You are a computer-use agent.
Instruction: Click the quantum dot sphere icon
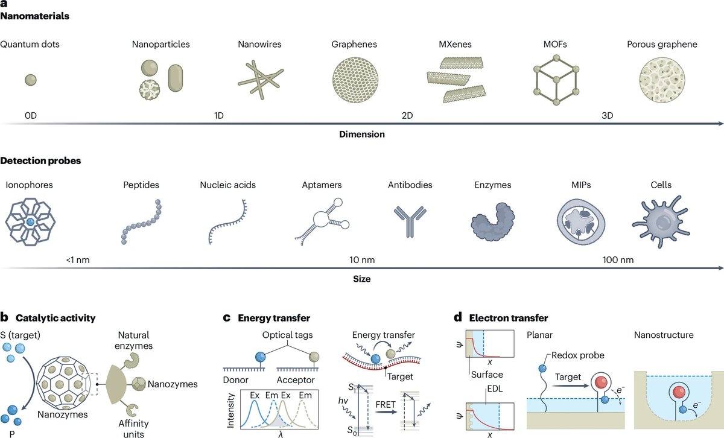(x=30, y=80)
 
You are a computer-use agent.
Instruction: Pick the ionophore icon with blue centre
(x=31, y=222)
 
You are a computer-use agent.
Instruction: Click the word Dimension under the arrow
(x=363, y=134)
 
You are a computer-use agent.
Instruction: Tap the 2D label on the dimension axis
(x=407, y=115)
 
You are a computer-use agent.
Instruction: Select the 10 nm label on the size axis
(x=362, y=261)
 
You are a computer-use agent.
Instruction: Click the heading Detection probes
(x=40, y=161)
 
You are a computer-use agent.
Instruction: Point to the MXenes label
(x=454, y=44)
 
